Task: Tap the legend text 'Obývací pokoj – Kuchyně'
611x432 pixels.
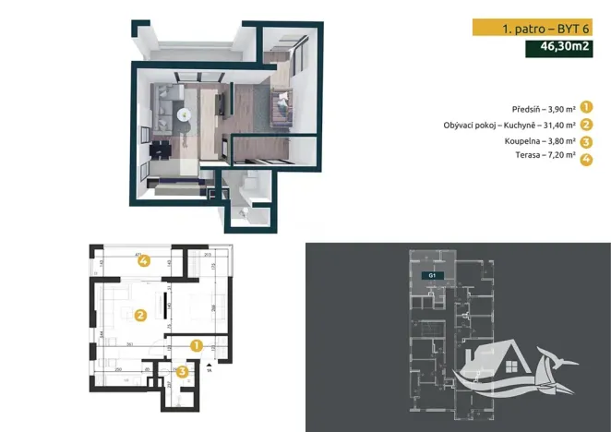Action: [518, 125]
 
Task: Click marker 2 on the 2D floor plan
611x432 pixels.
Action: [140, 315]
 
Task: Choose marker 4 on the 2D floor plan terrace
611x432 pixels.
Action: [144, 261]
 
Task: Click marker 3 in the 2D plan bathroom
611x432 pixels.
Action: [183, 371]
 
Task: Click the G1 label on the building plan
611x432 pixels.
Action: [429, 275]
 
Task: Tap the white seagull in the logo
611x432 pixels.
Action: [551, 354]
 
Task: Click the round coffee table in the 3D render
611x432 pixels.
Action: [184, 114]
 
